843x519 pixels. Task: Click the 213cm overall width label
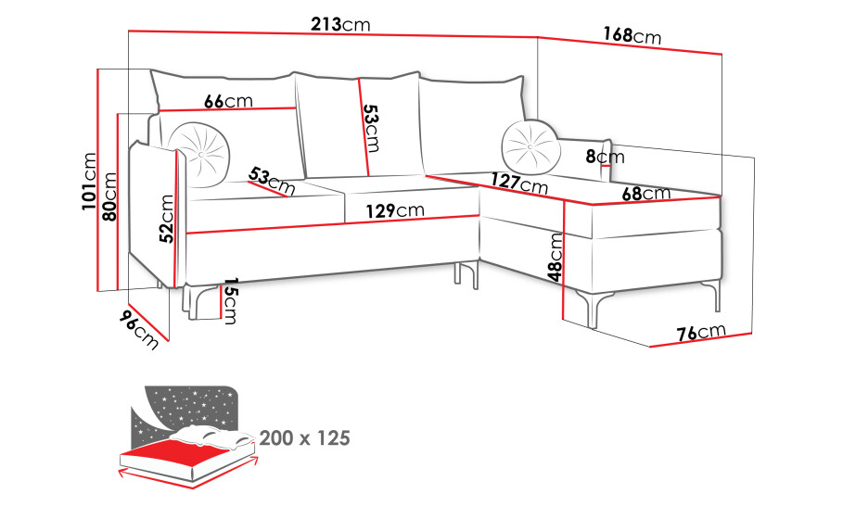pyautogui.click(x=341, y=25)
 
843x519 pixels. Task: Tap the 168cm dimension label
pyautogui.click(x=632, y=35)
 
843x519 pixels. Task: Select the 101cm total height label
pyautogui.click(x=89, y=182)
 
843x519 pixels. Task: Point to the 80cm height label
pyautogui.click(x=109, y=196)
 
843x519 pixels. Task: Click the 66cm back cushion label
pyautogui.click(x=228, y=101)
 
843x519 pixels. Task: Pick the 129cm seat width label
pyautogui.click(x=395, y=210)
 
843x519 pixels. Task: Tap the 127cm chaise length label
pyautogui.click(x=519, y=184)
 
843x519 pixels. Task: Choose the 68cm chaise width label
pyautogui.click(x=646, y=194)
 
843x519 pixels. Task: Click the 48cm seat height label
pyautogui.click(x=556, y=258)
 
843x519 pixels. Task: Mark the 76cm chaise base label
pyautogui.click(x=701, y=333)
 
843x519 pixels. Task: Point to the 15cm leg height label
pyautogui.click(x=230, y=301)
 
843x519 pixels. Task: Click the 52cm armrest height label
pyautogui.click(x=167, y=219)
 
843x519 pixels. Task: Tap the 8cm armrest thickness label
pyautogui.click(x=606, y=157)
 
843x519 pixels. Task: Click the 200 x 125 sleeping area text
pyautogui.click(x=305, y=438)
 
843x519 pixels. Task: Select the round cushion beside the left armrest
pyautogui.click(x=200, y=155)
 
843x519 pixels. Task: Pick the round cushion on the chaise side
pyautogui.click(x=530, y=147)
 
